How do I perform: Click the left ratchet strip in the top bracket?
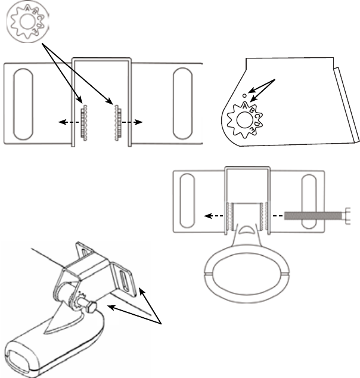(84, 122)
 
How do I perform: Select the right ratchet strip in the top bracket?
(119, 122)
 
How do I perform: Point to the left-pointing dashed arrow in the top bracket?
(67, 122)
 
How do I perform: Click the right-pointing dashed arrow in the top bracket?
(134, 122)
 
